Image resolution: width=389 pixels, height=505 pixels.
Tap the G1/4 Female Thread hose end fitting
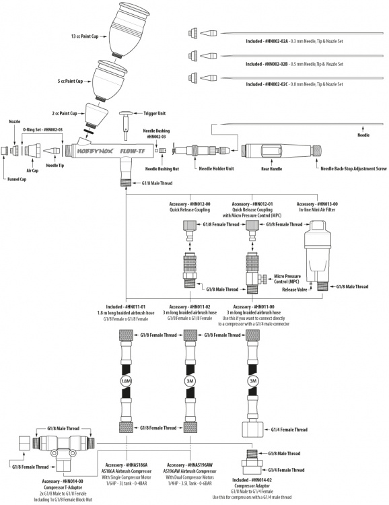[x=253, y=429]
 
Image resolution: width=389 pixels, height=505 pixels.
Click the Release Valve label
[x=294, y=290]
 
